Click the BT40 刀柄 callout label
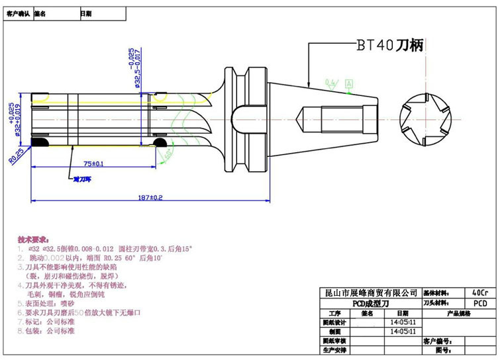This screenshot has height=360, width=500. (390, 45)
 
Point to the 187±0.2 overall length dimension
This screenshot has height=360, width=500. (150, 197)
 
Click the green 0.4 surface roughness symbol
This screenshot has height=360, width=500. (330, 83)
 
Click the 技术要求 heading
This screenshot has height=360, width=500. (32, 238)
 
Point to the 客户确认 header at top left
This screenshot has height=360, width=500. (18, 13)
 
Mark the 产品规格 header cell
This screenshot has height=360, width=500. (458, 312)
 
